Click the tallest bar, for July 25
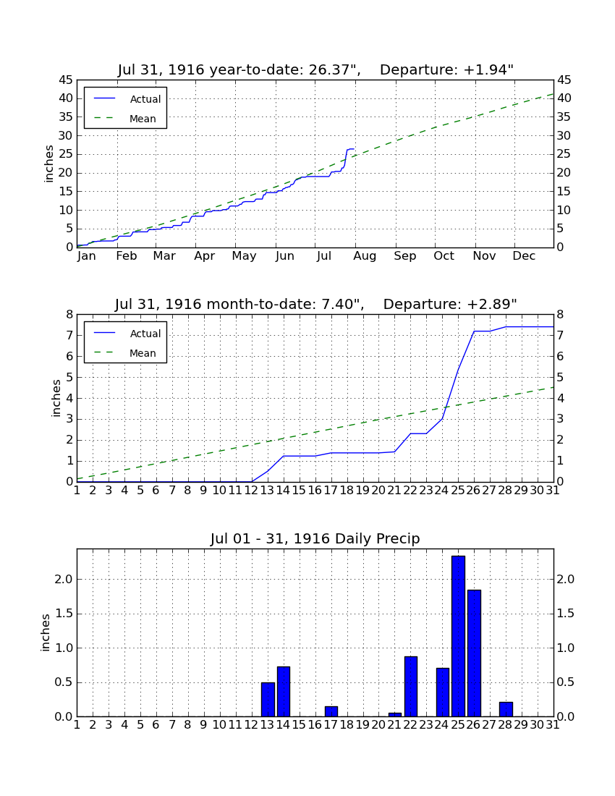pos(458,636)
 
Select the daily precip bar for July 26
pos(474,653)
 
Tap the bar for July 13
pos(268,700)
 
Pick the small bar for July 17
pos(331,711)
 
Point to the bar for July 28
pos(506,709)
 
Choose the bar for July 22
pos(411,686)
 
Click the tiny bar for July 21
pos(395,715)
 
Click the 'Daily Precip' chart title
pos(315,538)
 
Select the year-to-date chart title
pos(315,69)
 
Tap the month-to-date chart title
pos(315,304)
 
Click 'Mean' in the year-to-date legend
pos(143,119)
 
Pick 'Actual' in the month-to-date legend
pos(145,334)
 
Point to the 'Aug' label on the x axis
pos(365,256)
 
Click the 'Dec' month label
pos(524,256)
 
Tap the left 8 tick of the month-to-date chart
pos(70,315)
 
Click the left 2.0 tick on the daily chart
pos(64,579)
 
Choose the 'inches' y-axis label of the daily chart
pos(45,632)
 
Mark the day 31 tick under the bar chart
pos(553,725)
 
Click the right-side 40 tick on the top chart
pos(564,98)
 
